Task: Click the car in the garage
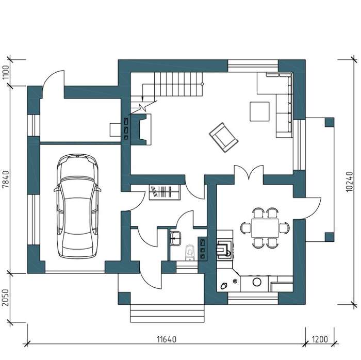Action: point(77,206)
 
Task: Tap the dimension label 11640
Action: point(167,339)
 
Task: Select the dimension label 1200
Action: point(320,339)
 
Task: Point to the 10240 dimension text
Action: point(349,182)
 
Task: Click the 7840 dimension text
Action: point(6,179)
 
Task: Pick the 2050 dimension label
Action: point(6,298)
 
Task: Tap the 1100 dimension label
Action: point(6,72)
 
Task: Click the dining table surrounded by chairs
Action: point(265,228)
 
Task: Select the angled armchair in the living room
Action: point(223,137)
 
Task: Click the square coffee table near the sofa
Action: point(260,111)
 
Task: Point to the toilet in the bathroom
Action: point(190,252)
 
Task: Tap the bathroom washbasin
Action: point(175,238)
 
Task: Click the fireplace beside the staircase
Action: point(141,129)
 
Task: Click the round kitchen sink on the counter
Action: point(257,282)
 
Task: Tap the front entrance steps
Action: point(167,313)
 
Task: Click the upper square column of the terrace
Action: point(330,122)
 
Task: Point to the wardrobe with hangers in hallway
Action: point(165,192)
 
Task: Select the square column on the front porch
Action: point(124,298)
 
